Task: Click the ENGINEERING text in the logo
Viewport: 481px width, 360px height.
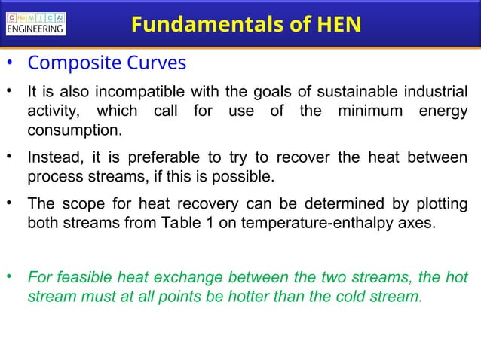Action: (x=35, y=30)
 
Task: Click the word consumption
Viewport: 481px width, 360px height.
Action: (x=73, y=131)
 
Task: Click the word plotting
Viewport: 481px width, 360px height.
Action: (x=437, y=204)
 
